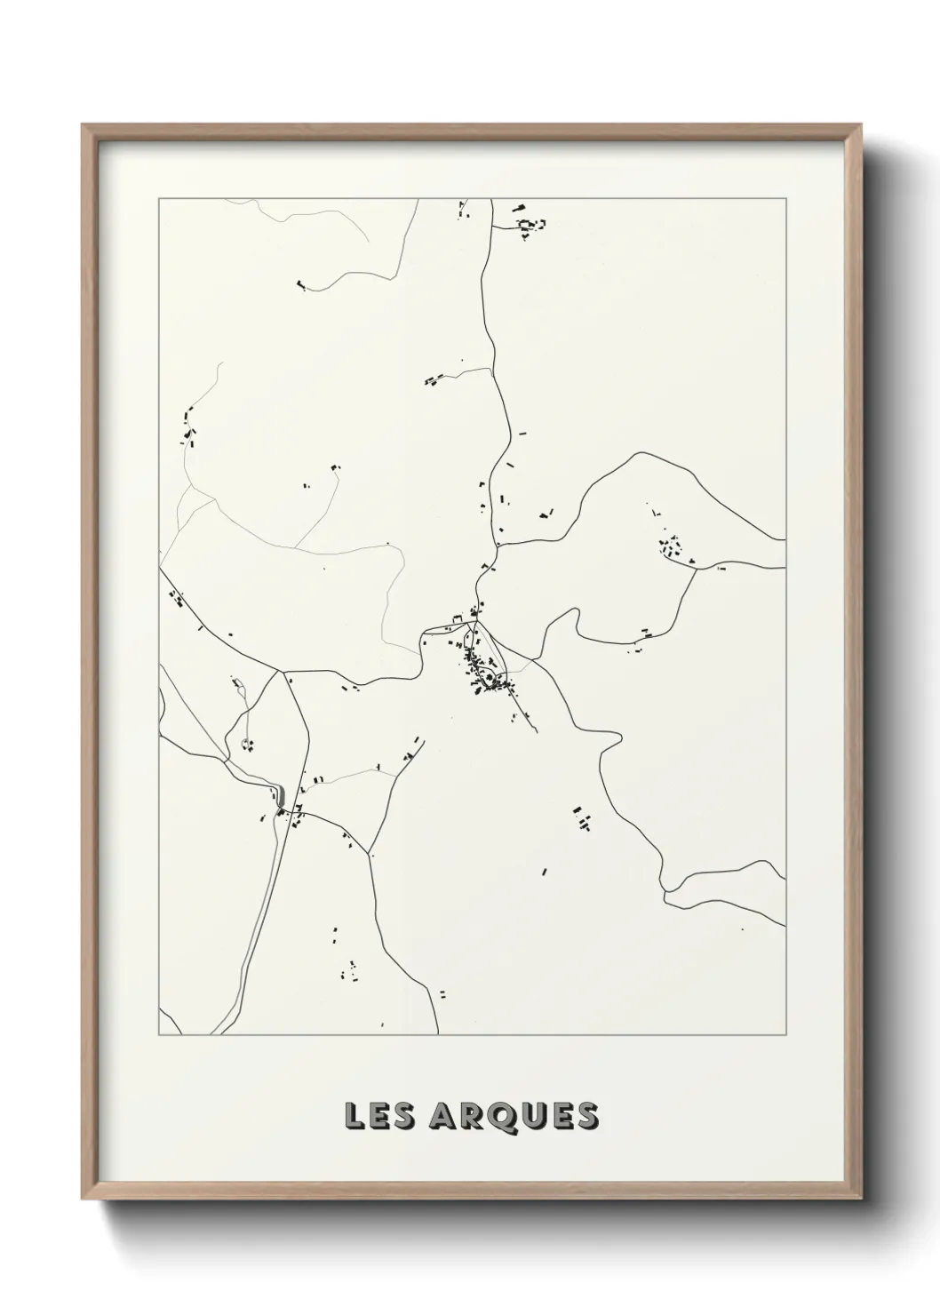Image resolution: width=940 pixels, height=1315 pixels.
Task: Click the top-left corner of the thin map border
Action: [x=159, y=199]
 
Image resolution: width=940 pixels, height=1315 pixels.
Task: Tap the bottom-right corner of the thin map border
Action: [x=785, y=1034]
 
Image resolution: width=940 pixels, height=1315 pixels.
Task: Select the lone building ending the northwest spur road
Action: [x=301, y=286]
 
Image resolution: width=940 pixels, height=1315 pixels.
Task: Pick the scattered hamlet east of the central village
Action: [x=671, y=546]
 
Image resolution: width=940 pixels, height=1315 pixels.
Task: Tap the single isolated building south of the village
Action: [x=545, y=872]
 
